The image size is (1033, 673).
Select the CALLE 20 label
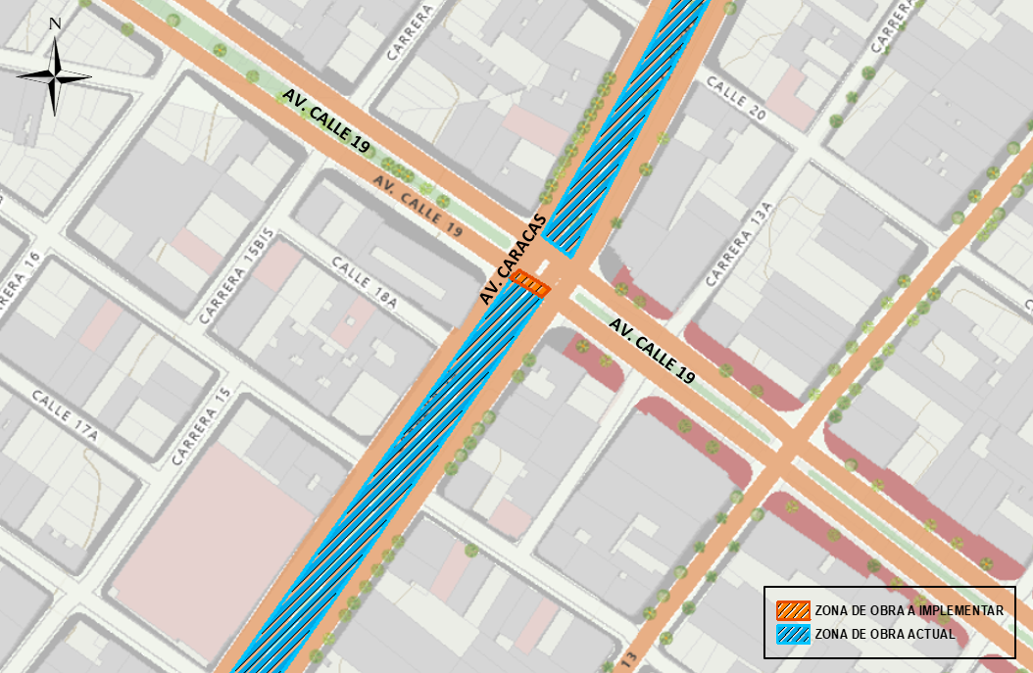(x=735, y=98)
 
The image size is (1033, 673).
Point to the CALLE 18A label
(x=364, y=282)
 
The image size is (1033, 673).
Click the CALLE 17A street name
(x=65, y=415)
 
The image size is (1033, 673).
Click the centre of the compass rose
(x=56, y=76)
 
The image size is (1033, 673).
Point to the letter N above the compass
(x=55, y=24)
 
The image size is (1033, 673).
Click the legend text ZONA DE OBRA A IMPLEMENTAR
(x=909, y=610)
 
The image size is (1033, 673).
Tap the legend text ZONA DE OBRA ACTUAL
(x=884, y=634)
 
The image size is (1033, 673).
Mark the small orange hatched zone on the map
(x=530, y=282)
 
